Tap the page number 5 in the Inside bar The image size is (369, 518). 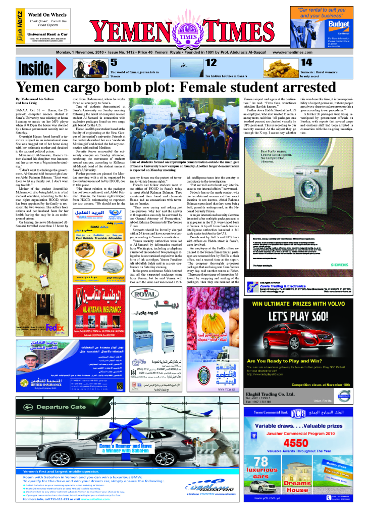coord(114,63)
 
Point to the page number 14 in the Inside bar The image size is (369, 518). coord(306,63)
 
